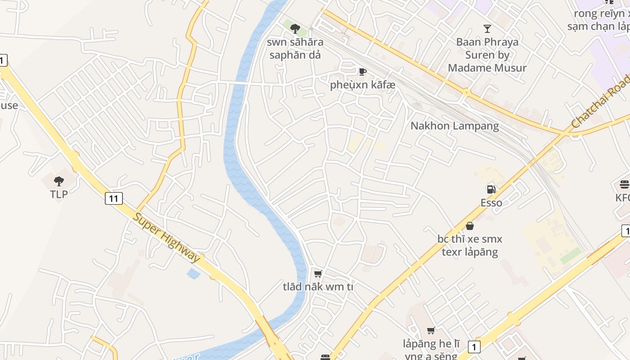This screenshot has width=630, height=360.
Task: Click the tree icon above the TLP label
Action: pos(58,181)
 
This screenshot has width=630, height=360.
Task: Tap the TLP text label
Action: pos(58,194)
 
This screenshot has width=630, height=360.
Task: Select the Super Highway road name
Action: pos(166,237)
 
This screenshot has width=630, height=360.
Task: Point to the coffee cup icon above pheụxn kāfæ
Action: pos(362,72)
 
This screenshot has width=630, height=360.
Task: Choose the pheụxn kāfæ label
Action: pos(362,85)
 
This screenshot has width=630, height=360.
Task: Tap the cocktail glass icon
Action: pos(487,29)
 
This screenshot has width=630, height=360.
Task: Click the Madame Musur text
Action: pos(487,68)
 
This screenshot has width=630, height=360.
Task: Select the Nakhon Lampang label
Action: pos(454,126)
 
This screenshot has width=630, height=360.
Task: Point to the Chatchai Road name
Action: pos(600,102)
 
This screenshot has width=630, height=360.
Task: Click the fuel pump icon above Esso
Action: pos(491,189)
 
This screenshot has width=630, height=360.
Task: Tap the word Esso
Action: pos(491,202)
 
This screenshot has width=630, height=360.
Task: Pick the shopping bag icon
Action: pos(470,225)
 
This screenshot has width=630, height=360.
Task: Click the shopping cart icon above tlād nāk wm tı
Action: pos(318,273)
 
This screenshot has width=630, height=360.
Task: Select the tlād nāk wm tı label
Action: pos(318,286)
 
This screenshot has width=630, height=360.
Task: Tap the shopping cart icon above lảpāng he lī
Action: pos(431,331)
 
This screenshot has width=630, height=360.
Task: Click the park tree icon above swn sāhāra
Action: pos(295,29)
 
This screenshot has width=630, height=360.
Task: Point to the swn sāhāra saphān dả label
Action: pos(295,49)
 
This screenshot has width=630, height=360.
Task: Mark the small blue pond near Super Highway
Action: pos(193,273)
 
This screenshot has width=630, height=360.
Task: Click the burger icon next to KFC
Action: pos(624,184)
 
